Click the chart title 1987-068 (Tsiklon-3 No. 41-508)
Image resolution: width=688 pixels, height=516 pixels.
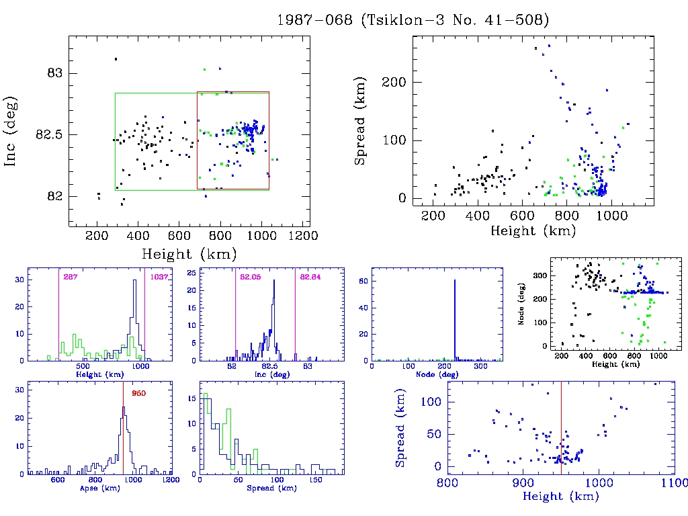click(413, 20)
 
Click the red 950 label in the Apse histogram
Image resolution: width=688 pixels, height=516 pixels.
click(139, 393)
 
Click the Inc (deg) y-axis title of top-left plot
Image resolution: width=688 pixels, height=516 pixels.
click(11, 132)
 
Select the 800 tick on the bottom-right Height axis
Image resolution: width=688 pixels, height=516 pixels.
click(447, 482)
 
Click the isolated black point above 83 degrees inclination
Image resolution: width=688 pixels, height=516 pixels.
click(116, 59)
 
